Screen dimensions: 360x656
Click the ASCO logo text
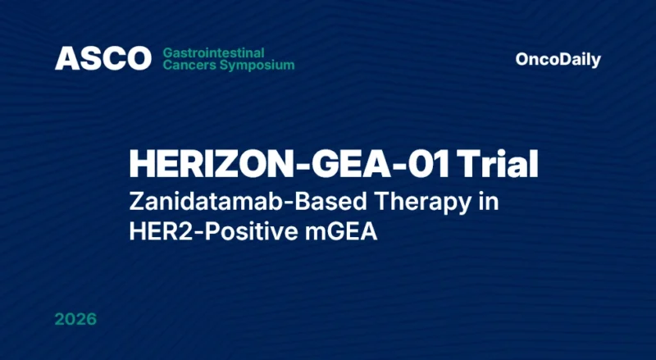[103, 58]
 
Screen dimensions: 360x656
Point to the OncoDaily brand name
[558, 59]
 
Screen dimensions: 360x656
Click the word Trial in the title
[499, 165]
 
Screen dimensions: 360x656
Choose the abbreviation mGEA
[337, 232]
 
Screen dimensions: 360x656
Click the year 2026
[75, 318]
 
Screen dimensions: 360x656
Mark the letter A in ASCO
[65, 58]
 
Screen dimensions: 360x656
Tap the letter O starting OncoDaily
[522, 59]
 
